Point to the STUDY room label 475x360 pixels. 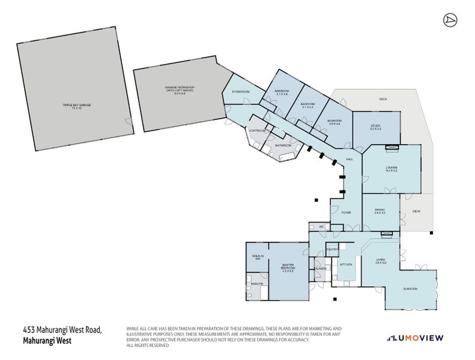tap(376, 127)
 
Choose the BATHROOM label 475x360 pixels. tap(283, 145)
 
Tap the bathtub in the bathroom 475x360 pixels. tap(286, 157)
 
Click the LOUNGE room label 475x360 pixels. tap(392, 169)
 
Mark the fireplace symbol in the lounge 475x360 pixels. tap(392, 146)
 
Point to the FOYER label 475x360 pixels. tap(346, 212)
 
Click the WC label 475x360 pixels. tap(322, 226)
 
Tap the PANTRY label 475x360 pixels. tap(332, 248)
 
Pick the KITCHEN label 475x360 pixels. tap(346, 264)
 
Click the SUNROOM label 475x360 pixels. tap(410, 289)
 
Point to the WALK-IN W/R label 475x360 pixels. tap(256, 257)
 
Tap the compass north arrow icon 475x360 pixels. tap(448, 20)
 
